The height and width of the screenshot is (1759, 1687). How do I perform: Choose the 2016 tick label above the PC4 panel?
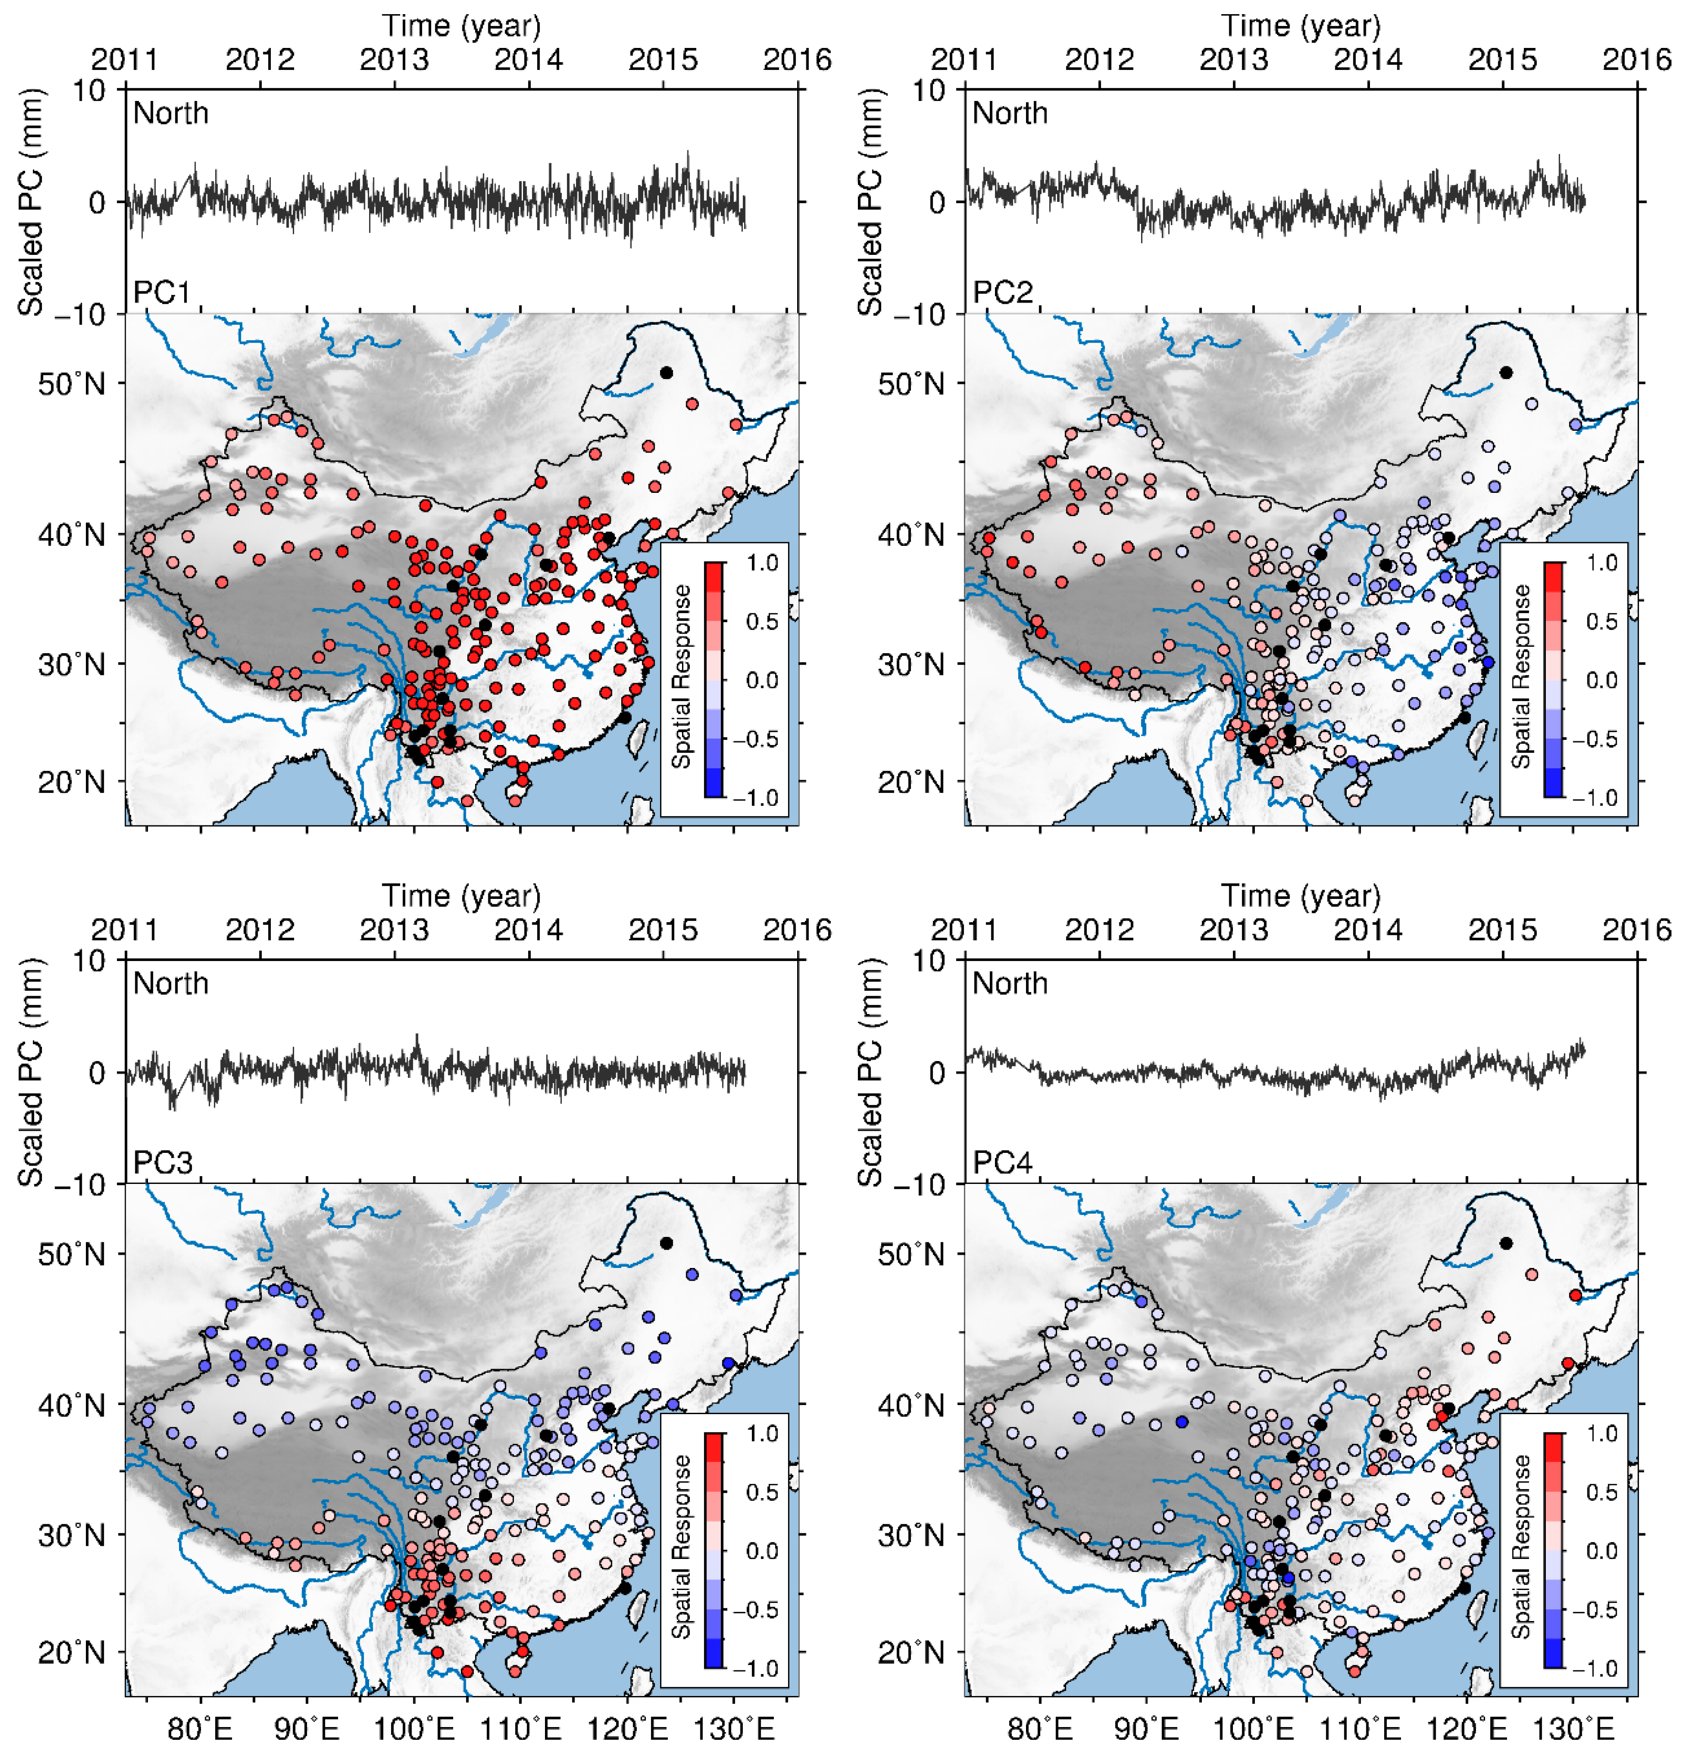[x=1637, y=930]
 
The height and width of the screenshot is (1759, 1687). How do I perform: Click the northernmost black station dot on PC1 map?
[x=666, y=372]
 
